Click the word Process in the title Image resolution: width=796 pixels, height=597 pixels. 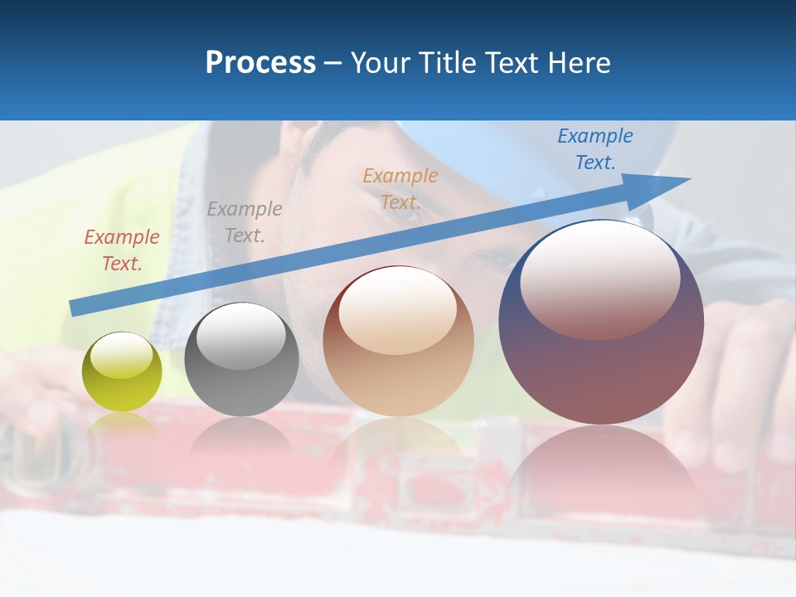coord(260,62)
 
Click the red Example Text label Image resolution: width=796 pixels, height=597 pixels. coord(122,250)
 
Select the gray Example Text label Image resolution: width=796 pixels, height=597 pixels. coord(245,221)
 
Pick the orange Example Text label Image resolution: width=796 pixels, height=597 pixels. coord(400,188)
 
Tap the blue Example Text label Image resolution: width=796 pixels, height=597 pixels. coord(595,149)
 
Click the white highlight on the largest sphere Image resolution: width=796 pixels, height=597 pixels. coord(600,278)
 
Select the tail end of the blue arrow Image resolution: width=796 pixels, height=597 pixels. coord(76,308)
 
